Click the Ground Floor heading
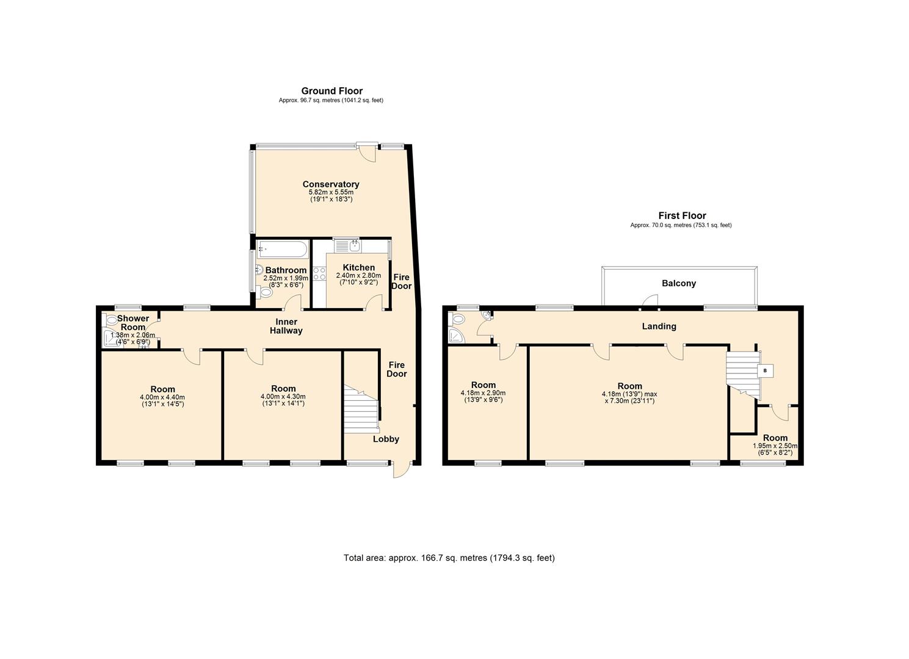331,91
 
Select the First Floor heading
681,215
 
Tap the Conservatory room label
330,184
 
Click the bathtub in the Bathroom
282,249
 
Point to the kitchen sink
349,245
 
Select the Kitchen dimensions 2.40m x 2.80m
358,275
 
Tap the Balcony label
679,283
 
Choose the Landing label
659,326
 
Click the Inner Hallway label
286,326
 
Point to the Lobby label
386,439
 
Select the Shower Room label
132,323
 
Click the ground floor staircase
360,411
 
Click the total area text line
449,558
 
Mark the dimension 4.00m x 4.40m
162,397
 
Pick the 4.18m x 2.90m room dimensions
483,393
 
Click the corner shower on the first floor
456,335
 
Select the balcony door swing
651,300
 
